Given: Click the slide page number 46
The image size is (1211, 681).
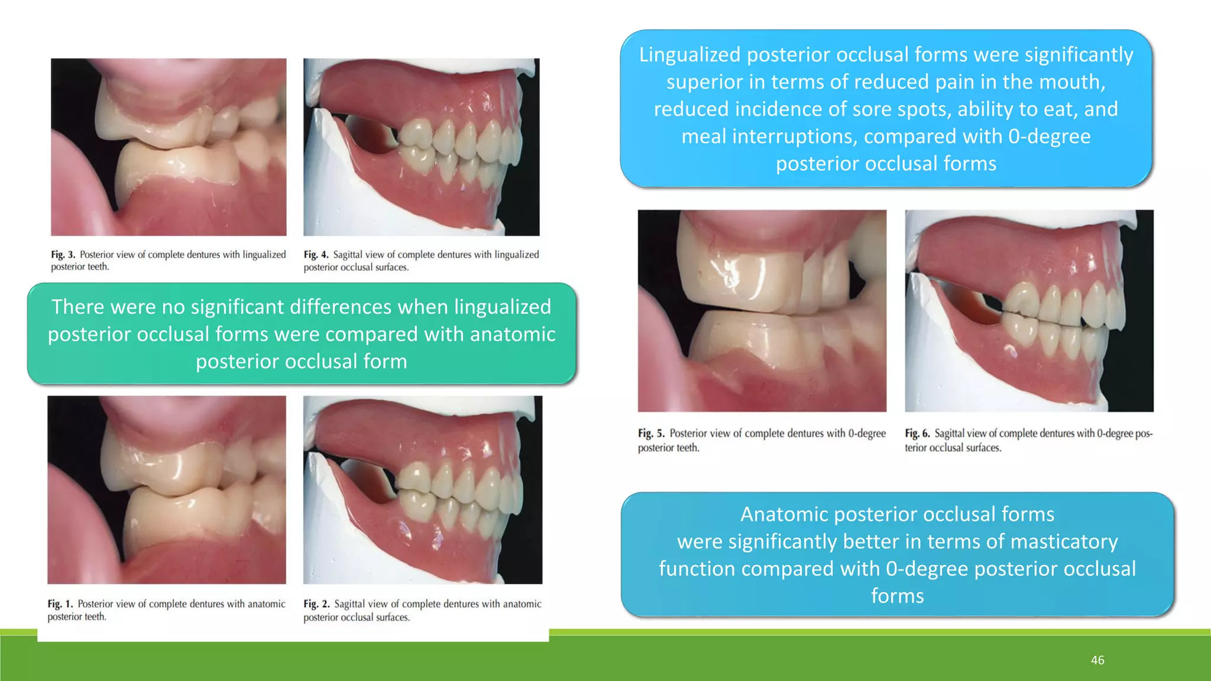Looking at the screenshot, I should (x=1097, y=660).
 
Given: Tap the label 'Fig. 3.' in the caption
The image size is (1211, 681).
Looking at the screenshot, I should (x=63, y=255).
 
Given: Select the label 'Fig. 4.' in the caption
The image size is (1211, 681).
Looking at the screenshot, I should (x=316, y=255).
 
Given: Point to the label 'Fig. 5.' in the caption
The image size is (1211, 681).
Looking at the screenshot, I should (x=651, y=433).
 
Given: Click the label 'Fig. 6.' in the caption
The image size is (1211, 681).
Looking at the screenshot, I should (x=917, y=433).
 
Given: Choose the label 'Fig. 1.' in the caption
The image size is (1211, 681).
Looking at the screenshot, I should (x=60, y=604).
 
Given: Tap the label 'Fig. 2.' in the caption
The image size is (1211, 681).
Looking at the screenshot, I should (x=316, y=604).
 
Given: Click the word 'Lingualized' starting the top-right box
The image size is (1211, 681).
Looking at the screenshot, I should (x=689, y=55).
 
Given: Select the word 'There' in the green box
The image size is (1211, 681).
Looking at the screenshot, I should (x=78, y=307).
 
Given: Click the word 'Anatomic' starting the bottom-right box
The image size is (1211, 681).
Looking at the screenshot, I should (x=784, y=514).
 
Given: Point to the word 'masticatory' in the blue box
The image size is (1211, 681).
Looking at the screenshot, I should (x=1064, y=541).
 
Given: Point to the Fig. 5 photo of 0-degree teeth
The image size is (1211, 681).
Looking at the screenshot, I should (x=762, y=310).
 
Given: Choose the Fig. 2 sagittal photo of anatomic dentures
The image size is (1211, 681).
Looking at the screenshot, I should (x=422, y=489).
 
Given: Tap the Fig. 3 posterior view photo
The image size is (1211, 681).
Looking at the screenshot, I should (x=169, y=147).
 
